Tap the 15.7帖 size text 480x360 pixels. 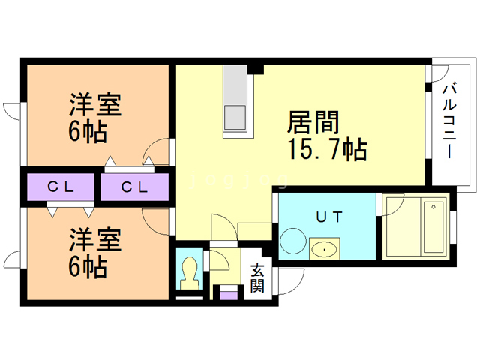[325, 150]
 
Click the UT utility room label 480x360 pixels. [328, 217]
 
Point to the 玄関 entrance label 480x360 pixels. [257, 277]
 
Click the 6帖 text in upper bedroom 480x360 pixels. [87, 132]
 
